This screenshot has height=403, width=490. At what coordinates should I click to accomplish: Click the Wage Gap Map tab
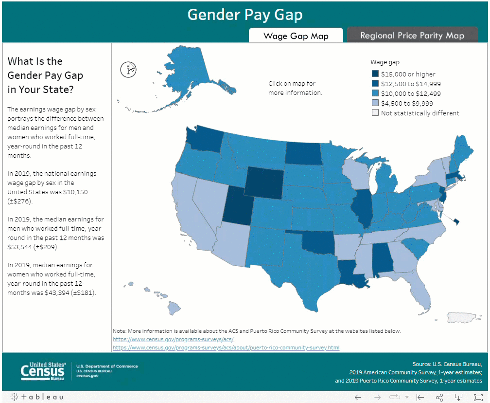pyautogui.click(x=296, y=36)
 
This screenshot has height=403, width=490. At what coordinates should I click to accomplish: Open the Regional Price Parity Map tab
pyautogui.click(x=412, y=36)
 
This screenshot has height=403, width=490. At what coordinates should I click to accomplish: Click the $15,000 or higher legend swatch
pyautogui.click(x=375, y=74)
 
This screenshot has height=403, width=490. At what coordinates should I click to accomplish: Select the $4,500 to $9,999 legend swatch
pyautogui.click(x=375, y=103)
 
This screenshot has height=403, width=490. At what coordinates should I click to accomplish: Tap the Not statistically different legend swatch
pyautogui.click(x=375, y=113)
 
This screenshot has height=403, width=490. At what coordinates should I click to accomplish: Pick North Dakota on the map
pyautogui.click(x=303, y=153)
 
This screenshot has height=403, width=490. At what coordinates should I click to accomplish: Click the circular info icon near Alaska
pyautogui.click(x=128, y=69)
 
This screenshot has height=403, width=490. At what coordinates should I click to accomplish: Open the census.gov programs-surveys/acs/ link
pyautogui.click(x=173, y=339)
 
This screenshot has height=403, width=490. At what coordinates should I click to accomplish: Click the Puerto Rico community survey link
pyautogui.click(x=226, y=348)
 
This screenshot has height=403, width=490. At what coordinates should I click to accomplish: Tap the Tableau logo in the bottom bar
pyautogui.click(x=36, y=397)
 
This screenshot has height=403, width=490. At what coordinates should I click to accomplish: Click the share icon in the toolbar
pyautogui.click(x=439, y=397)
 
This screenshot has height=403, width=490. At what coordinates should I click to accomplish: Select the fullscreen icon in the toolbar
pyautogui.click(x=477, y=397)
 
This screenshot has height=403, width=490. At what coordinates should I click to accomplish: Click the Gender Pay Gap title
pyautogui.click(x=245, y=15)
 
